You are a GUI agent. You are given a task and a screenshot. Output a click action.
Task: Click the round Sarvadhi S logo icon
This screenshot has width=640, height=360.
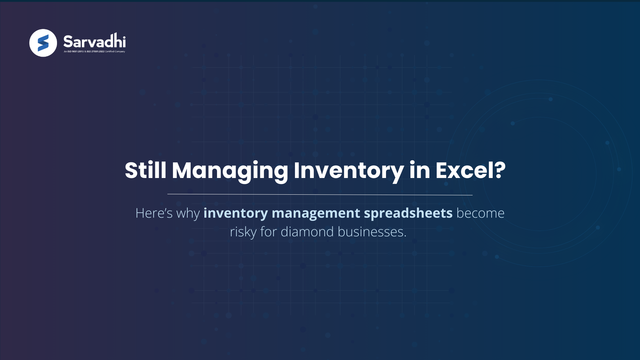(43, 43)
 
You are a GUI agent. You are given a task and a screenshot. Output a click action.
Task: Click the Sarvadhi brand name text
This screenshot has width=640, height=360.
(94, 42)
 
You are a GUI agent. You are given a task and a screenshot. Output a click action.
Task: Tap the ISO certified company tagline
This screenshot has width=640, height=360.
(94, 52)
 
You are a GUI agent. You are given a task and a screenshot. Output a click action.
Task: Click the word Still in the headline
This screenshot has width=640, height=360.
(145, 170)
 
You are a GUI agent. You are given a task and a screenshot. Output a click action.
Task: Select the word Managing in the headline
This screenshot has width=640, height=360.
(230, 170)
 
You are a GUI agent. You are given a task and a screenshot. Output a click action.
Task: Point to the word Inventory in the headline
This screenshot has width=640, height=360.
(349, 170)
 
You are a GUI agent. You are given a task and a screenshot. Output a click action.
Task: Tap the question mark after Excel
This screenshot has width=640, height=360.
(500, 170)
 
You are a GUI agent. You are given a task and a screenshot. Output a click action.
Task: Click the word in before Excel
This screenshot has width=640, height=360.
(420, 170)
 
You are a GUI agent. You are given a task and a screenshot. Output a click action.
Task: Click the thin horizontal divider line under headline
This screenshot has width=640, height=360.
(320, 194)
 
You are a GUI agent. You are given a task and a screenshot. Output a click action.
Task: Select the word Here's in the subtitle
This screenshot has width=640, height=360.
(154, 213)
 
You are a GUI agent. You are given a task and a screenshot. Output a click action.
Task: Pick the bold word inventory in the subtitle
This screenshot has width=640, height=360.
(235, 213)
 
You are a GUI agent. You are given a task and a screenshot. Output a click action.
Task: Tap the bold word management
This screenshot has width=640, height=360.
(316, 213)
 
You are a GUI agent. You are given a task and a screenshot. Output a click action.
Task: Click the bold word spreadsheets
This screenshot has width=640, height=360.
(408, 213)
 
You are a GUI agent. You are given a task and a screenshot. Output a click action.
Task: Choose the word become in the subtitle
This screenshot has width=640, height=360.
(480, 213)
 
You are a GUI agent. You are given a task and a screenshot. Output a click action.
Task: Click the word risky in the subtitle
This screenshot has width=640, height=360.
(243, 232)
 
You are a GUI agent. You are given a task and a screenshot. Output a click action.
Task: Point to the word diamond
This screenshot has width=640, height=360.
(307, 232)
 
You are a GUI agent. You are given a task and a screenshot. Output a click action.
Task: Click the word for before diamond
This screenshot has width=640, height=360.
(268, 232)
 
